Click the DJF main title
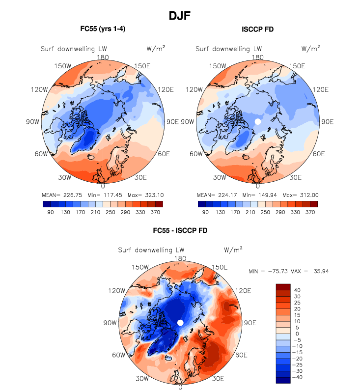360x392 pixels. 180,16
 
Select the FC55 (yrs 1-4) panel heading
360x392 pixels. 103,29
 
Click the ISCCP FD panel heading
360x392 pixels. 257,29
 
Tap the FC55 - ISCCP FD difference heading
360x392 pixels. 180,230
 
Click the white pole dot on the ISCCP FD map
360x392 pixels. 257,121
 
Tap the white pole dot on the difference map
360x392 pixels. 180,322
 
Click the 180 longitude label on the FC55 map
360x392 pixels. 103,57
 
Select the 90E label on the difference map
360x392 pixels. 250,323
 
